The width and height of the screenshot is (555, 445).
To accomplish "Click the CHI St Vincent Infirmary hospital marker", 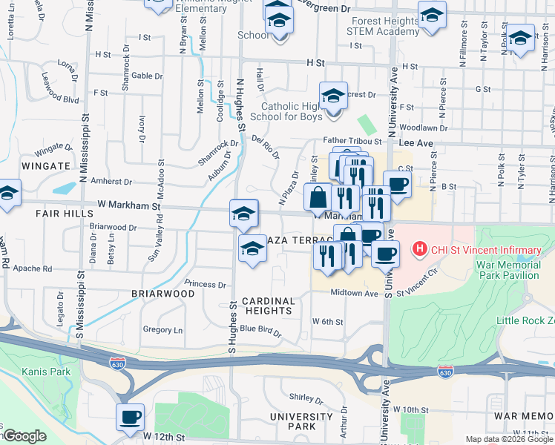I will (420, 247).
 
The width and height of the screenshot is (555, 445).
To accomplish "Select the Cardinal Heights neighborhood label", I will (268, 306).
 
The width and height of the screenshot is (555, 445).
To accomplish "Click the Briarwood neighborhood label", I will (163, 294).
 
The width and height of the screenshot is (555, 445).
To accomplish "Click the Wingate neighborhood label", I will (45, 165).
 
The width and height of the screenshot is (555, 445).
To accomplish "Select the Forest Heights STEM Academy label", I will (386, 27).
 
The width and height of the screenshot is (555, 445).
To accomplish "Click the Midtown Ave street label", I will (355, 293).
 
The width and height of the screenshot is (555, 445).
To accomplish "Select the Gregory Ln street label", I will (162, 329).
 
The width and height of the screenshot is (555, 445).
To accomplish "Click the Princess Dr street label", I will (206, 284).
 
